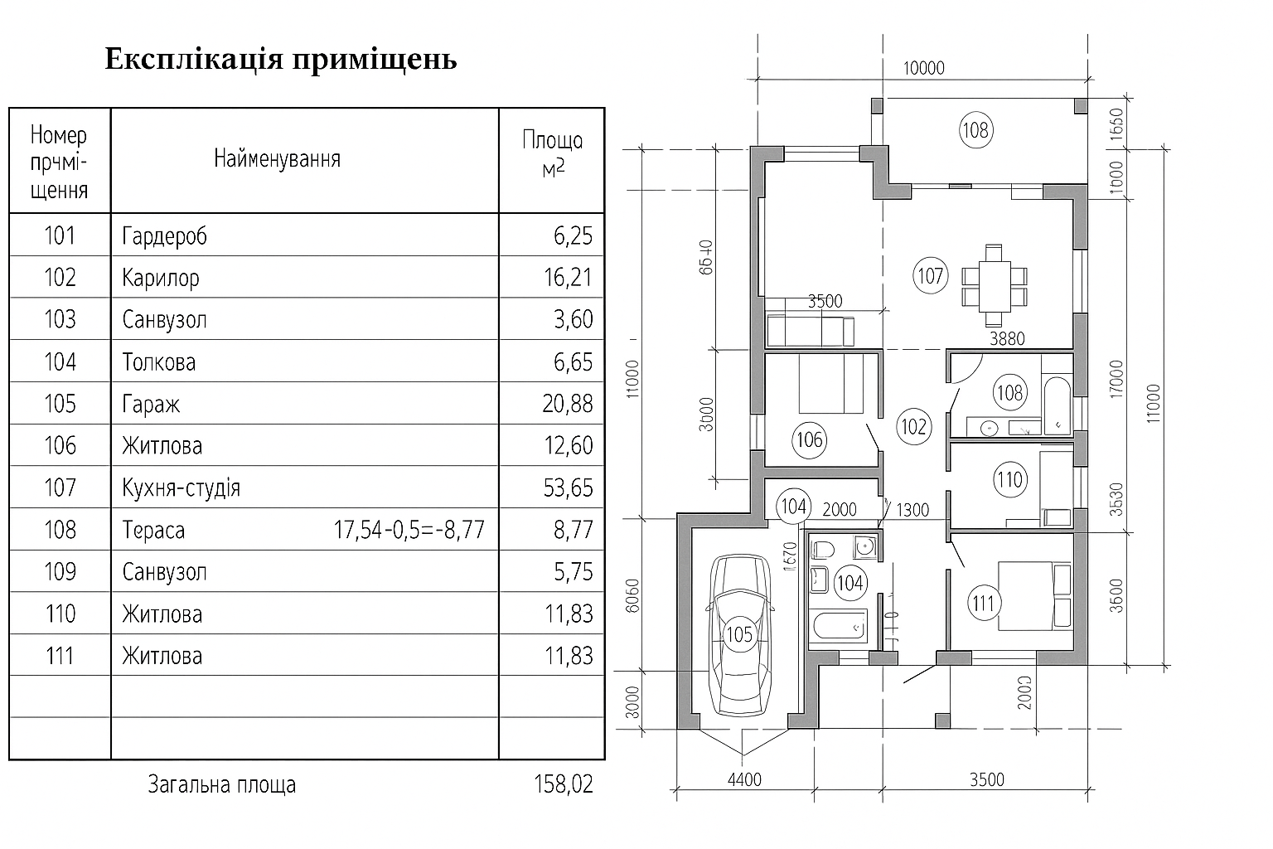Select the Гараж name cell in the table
pyautogui.click(x=151, y=404)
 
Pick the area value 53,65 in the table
pyautogui.click(x=569, y=488)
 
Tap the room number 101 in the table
pyautogui.click(x=60, y=235)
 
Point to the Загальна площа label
pyautogui.click(x=221, y=784)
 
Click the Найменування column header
pyautogui.click(x=277, y=158)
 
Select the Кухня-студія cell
pyautogui.click(x=181, y=488)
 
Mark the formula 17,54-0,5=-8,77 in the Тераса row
pyautogui.click(x=409, y=530)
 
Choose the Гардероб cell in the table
pyautogui.click(x=164, y=236)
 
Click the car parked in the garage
pyautogui.click(x=738, y=636)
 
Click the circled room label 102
pyautogui.click(x=913, y=426)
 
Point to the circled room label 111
pyautogui.click(x=983, y=603)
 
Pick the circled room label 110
pyautogui.click(x=1009, y=479)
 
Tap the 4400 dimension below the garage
pyautogui.click(x=744, y=779)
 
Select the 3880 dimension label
pyautogui.click(x=1008, y=338)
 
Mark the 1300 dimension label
pyautogui.click(x=912, y=510)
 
